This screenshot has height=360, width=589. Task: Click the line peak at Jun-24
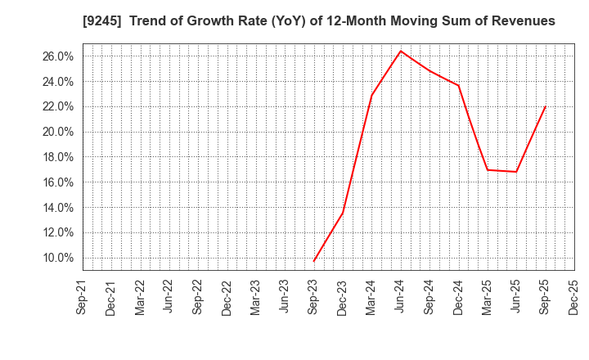pos(401,51)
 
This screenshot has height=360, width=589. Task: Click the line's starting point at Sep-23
pos(314,261)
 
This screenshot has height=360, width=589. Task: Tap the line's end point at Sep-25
pos(545,106)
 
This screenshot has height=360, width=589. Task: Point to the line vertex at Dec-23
pos(343,213)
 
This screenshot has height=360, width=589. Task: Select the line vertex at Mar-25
pos(488,169)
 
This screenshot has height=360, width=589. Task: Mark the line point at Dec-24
pos(458,86)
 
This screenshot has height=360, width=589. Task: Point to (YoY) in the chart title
pos(286,21)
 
